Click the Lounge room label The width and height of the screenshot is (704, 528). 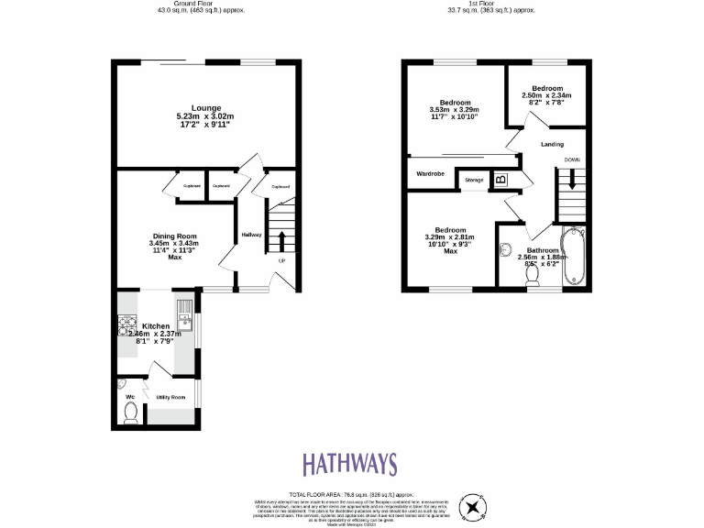pyautogui.click(x=205, y=108)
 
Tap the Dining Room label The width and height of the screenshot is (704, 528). pyautogui.click(x=173, y=236)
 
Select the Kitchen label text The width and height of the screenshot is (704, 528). pyautogui.click(x=155, y=325)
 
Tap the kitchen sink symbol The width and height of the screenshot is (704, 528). pyautogui.click(x=183, y=317)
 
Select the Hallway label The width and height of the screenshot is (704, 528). pyautogui.click(x=251, y=235)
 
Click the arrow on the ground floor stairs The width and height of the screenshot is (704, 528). pyautogui.click(x=280, y=240)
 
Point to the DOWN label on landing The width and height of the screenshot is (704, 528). pyautogui.click(x=572, y=159)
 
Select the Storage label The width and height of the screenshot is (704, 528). pyautogui.click(x=474, y=180)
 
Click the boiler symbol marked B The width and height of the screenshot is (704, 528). pyautogui.click(x=500, y=180)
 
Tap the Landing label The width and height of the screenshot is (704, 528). pyautogui.click(x=552, y=144)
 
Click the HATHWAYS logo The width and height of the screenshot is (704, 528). pyautogui.click(x=351, y=463)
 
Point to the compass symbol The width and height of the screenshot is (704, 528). pyautogui.click(x=473, y=506)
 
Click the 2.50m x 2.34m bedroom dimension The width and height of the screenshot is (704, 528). pyautogui.click(x=546, y=95)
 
